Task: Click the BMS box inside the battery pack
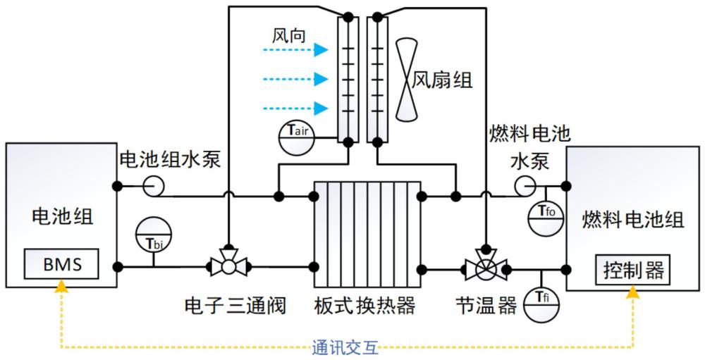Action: [62, 265]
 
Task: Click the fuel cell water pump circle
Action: [523, 186]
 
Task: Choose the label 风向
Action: [289, 35]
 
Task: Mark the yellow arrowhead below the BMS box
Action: [62, 285]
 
